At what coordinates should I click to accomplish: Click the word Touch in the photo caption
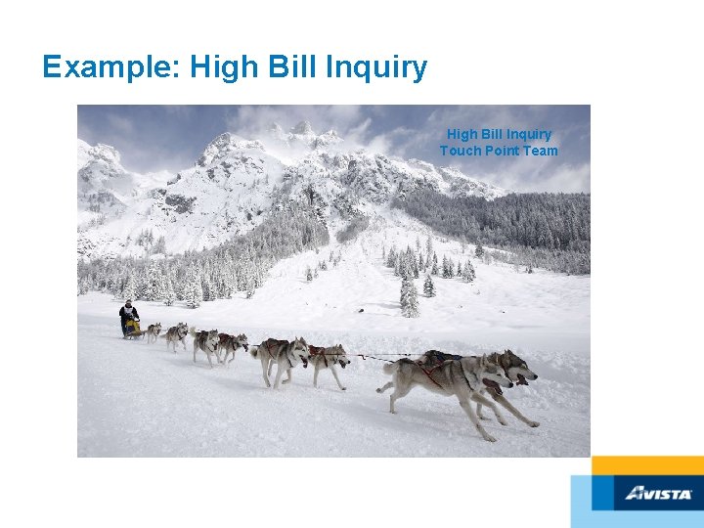[x=461, y=151]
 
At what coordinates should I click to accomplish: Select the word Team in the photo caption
[x=541, y=151]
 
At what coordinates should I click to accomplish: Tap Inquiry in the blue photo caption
[x=528, y=134]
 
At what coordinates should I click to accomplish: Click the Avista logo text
[x=659, y=494]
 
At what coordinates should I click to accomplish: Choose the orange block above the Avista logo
[x=647, y=465]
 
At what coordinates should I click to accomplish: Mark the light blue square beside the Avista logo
[x=593, y=501]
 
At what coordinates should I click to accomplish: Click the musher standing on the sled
[x=128, y=314]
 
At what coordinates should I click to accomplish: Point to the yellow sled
[x=133, y=328]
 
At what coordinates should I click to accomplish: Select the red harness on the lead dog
[x=430, y=373]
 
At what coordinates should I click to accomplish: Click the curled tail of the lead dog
[x=389, y=369]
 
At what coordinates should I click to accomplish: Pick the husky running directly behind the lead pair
[x=328, y=360]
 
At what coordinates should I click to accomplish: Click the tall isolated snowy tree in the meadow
[x=409, y=293]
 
